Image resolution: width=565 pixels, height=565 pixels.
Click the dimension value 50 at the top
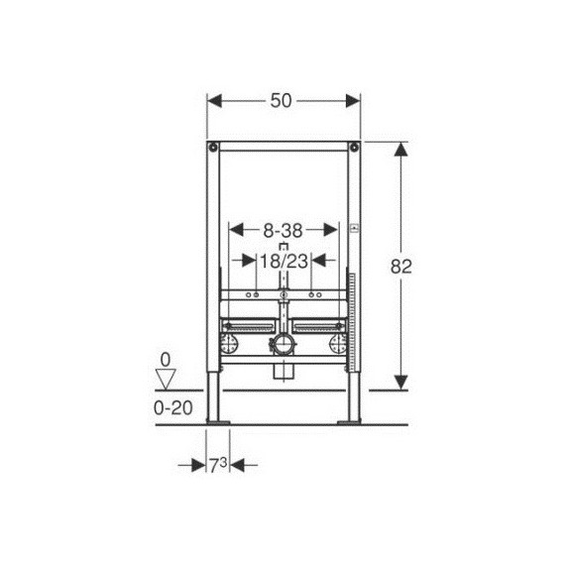click(282, 101)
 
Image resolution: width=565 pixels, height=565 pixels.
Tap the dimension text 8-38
click(282, 228)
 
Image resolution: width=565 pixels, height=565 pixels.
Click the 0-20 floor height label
click(173, 406)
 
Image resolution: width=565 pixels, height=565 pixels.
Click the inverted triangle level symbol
click(167, 378)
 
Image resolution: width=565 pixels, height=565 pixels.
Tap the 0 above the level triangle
click(166, 360)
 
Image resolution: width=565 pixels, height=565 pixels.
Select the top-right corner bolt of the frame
click(352, 149)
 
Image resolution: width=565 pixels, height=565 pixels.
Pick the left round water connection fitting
click(228, 345)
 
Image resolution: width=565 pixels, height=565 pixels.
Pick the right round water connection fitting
click(339, 345)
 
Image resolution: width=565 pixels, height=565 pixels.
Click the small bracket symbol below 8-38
click(283, 244)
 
